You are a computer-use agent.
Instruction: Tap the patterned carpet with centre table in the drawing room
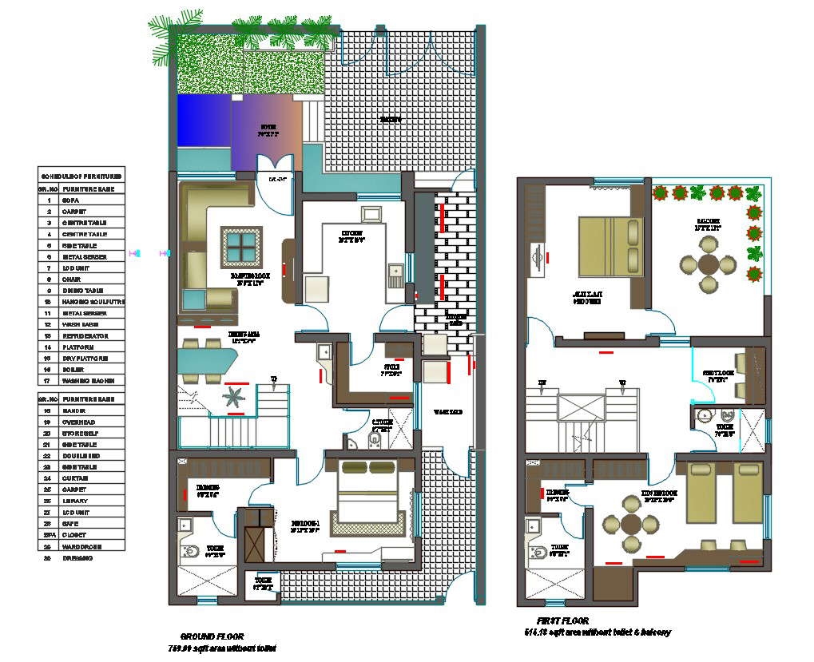(241, 246)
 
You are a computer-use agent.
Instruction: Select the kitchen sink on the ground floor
(395, 276)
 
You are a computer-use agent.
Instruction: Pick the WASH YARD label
(447, 413)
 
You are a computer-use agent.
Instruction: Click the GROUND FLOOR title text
(212, 636)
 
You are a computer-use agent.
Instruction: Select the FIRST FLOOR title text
(563, 620)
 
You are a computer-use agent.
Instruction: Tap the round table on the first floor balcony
(709, 264)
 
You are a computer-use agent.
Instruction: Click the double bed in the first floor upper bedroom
(610, 248)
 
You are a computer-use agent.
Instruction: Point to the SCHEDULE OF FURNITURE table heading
(80, 176)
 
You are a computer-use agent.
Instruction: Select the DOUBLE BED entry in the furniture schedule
(85, 455)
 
